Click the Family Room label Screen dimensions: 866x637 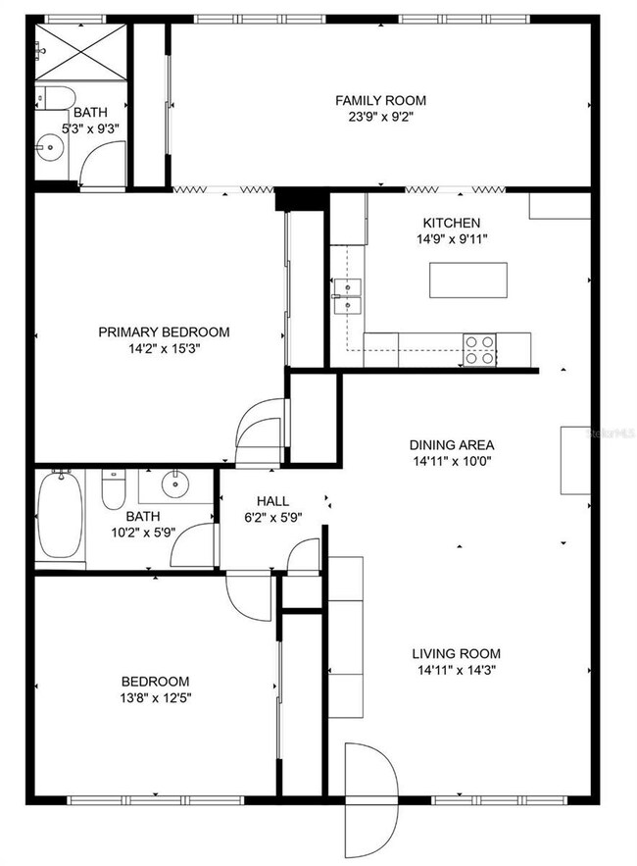(x=380, y=100)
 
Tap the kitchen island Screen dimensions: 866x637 (x=470, y=280)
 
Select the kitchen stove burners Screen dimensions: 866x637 (x=479, y=349)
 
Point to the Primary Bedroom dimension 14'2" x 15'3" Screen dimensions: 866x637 (x=164, y=347)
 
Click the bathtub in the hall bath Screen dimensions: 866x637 (x=61, y=516)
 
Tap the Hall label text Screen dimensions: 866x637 (x=271, y=501)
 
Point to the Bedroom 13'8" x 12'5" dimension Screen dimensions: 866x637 (x=155, y=698)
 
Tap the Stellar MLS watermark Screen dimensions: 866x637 (x=610, y=431)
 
